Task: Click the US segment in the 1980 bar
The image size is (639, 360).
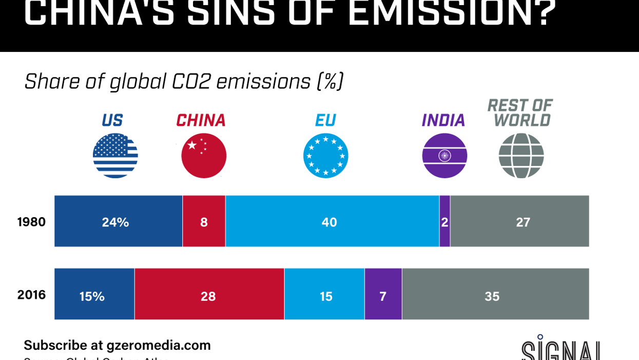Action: click(118, 221)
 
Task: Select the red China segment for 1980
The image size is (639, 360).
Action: click(204, 221)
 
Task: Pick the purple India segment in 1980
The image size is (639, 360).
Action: click(444, 221)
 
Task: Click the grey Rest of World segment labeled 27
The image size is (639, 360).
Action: click(519, 221)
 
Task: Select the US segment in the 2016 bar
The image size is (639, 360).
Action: click(94, 294)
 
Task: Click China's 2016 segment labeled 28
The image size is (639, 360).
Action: click(209, 294)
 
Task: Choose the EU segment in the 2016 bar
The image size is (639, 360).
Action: click(324, 294)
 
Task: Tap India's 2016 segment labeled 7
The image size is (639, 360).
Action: click(383, 294)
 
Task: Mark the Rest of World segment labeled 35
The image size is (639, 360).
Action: click(495, 294)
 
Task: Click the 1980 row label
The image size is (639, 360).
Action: click(31, 222)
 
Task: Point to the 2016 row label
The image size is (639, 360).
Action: click(31, 295)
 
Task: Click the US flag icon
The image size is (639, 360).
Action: click(115, 156)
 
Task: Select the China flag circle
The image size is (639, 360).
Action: click(204, 156)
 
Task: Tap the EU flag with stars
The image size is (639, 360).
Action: click(326, 156)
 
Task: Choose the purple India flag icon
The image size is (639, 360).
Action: click(444, 156)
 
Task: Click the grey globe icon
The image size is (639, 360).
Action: click(521, 156)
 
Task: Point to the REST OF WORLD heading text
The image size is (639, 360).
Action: click(519, 112)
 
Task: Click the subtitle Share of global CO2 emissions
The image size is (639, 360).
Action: click(183, 81)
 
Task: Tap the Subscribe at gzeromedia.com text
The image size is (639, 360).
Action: click(117, 345)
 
